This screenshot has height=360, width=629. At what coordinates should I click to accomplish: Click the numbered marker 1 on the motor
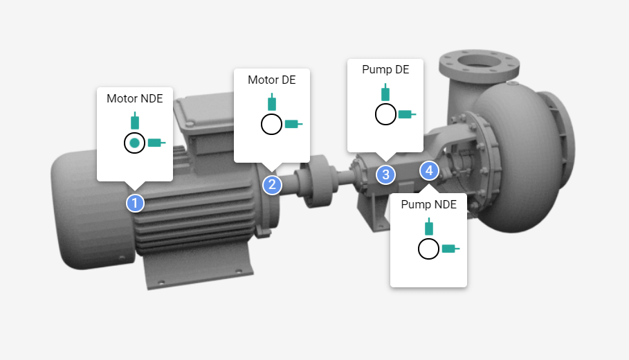coord(135,203)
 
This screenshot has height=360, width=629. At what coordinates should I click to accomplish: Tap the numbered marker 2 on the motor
coord(272,184)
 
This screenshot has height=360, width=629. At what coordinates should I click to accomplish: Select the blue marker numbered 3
coord(385,174)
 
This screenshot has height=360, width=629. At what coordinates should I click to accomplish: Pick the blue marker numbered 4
coord(429,170)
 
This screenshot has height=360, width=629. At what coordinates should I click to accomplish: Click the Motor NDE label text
coord(134,99)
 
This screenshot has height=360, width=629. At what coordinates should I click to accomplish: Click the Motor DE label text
coord(271,80)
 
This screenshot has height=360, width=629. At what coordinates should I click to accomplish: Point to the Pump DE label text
coord(385,70)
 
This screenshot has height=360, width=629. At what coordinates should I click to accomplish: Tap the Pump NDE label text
coord(429,205)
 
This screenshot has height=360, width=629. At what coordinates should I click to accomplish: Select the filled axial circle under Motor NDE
coord(135,143)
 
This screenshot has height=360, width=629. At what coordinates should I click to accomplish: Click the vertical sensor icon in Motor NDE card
coord(135,120)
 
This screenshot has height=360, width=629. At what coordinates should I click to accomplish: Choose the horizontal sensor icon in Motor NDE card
coord(156,143)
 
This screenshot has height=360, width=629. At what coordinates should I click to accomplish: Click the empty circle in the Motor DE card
coord(271,124)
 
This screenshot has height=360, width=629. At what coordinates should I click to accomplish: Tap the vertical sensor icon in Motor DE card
coord(272,102)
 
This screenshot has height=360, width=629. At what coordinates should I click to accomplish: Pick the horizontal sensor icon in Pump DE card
coord(407,114)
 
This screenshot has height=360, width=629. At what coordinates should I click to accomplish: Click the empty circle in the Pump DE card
coord(385,114)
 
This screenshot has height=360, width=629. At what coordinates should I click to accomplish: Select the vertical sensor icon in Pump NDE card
coord(429,226)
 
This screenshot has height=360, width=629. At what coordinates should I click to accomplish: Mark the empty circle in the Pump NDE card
coord(429,249)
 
